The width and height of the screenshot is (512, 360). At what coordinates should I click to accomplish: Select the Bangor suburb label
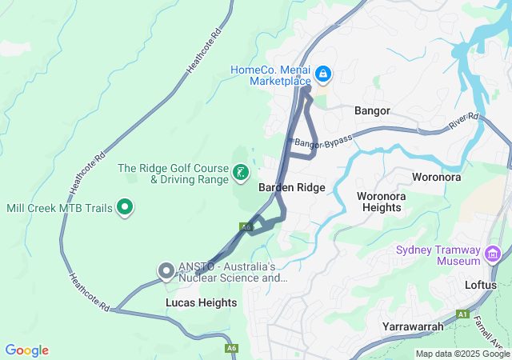click(372, 110)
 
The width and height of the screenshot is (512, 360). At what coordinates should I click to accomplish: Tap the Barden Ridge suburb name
click(291, 187)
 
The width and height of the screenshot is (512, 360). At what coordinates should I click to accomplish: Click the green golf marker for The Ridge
click(240, 173)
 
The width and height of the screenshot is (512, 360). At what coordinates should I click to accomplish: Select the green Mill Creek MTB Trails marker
click(125, 208)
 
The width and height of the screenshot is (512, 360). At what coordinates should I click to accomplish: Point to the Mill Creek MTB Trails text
click(59, 208)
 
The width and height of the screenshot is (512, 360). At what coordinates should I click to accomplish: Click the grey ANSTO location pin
click(166, 271)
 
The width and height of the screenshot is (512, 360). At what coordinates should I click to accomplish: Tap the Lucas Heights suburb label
click(201, 302)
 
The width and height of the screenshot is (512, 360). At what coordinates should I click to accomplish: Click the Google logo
click(26, 350)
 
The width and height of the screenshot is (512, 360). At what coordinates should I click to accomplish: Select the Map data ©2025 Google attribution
click(462, 354)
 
